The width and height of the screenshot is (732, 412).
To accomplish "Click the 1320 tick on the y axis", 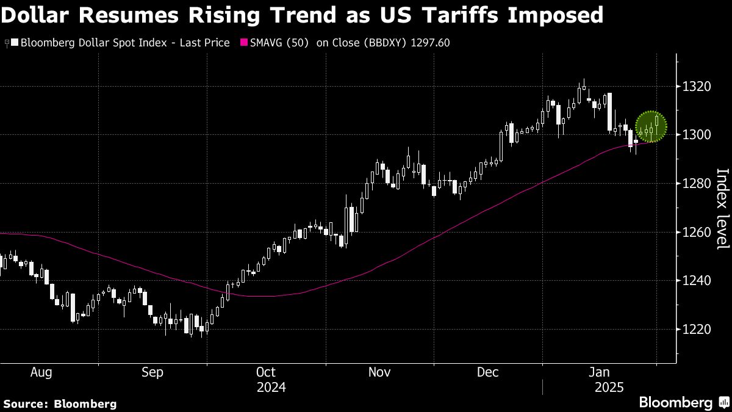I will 697,86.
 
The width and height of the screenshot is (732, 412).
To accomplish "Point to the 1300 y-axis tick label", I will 697,135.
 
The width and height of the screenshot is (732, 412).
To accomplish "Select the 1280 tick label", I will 697,183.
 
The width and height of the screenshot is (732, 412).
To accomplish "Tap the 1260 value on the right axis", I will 697,232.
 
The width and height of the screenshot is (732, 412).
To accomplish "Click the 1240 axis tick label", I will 697,281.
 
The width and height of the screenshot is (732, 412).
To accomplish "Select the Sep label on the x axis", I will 152,372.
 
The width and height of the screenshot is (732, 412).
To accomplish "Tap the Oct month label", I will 266,372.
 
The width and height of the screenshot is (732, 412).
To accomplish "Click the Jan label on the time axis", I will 601,372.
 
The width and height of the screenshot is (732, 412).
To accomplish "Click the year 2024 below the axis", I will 271,388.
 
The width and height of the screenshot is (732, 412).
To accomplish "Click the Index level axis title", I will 722,209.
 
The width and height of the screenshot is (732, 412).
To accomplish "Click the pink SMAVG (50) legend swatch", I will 246,43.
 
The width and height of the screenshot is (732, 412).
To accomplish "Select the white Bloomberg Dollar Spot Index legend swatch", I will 15,43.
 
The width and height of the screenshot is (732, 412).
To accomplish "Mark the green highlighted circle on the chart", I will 651,127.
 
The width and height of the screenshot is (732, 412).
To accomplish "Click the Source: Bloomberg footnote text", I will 59,403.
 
